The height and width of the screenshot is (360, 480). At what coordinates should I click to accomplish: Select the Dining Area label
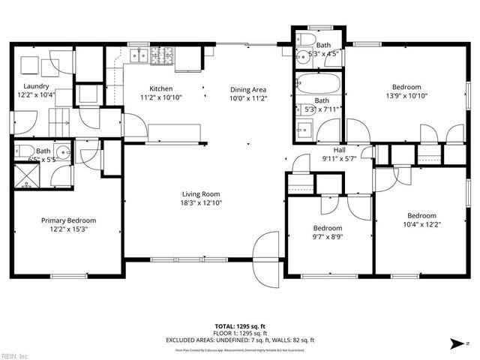pyautogui.click(x=248, y=89)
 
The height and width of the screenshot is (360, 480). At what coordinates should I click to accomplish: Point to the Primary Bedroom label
pyautogui.click(x=68, y=220)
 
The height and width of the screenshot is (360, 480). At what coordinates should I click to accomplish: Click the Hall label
pyautogui.click(x=339, y=149)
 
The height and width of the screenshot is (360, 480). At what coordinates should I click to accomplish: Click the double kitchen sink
pyautogui.click(x=138, y=55)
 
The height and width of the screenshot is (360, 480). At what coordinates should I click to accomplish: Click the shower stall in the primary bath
pyautogui.click(x=26, y=178)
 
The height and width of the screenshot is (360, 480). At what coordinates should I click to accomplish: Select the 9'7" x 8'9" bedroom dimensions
pyautogui.click(x=328, y=237)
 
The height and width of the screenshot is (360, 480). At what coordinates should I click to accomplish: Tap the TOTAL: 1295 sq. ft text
pyautogui.click(x=240, y=326)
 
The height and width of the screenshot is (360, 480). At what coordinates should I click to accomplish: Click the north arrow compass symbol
pyautogui.click(x=455, y=343)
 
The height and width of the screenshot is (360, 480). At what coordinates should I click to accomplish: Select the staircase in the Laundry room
pyautogui.click(x=58, y=118)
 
